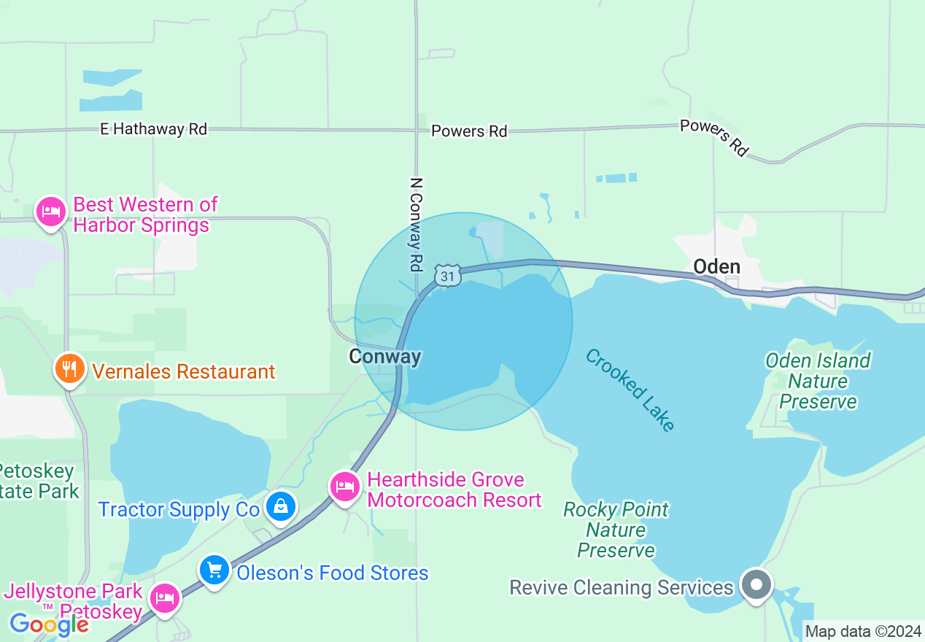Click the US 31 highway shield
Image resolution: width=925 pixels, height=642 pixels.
(447, 275)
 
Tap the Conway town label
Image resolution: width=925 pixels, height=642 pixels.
(384, 357)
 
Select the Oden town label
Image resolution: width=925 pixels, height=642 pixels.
(716, 266)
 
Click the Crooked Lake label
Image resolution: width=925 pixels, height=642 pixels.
(630, 390)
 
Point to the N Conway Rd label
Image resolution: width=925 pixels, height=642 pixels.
(417, 225)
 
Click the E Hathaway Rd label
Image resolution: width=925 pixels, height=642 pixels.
(154, 129)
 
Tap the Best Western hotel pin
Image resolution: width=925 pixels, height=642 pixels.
(50, 212)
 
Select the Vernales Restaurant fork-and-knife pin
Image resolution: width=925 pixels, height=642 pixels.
(69, 368)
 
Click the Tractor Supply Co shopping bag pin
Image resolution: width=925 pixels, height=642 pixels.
(280, 506)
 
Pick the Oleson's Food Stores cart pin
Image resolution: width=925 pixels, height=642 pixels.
(214, 570)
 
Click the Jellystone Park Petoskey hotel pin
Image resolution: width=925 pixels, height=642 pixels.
(165, 598)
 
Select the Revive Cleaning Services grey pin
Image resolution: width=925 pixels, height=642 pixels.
(756, 584)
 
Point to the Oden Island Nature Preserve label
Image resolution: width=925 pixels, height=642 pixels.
(818, 381)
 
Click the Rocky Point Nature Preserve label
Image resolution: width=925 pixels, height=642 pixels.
(616, 530)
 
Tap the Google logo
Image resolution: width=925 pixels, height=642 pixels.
(49, 624)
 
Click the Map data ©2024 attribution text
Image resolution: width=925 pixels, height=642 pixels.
(863, 631)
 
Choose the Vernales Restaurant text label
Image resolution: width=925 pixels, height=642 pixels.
(183, 371)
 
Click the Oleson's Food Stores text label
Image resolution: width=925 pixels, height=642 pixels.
(332, 573)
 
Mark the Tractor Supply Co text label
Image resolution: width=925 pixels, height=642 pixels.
(179, 509)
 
